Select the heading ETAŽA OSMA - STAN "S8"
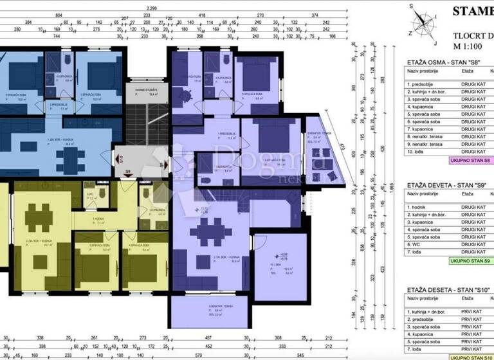tap(444, 62)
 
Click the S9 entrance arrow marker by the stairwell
tap(129, 172)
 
